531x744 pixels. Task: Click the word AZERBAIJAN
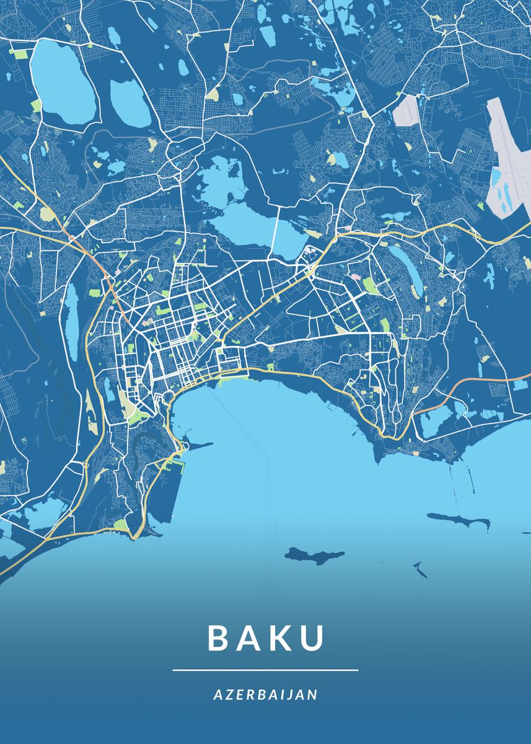(x=265, y=694)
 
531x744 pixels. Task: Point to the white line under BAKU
(x=265, y=670)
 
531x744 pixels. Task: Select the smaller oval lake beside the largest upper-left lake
(x=129, y=102)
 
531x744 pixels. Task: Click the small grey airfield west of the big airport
(x=406, y=112)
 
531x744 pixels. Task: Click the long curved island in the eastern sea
(x=459, y=520)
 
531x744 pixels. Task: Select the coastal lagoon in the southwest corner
(x=43, y=515)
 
